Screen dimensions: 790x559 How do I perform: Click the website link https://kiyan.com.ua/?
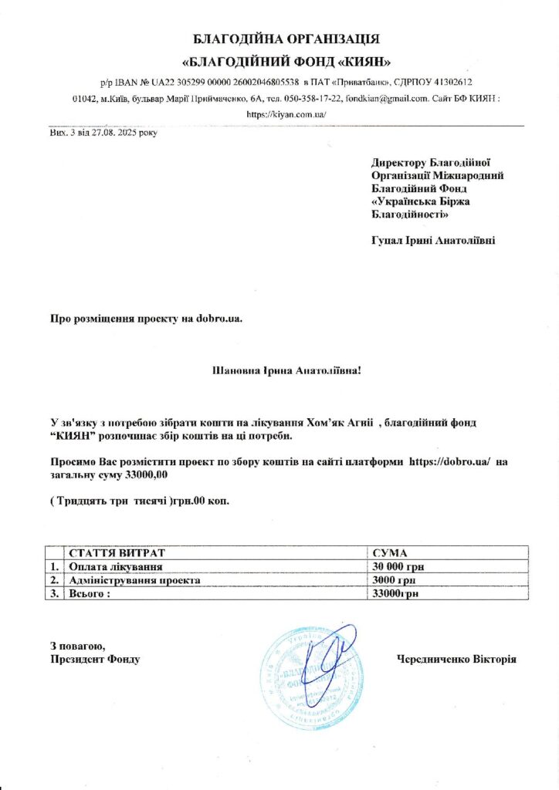click(x=286, y=113)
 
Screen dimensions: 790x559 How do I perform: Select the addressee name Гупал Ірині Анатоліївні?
click(x=433, y=240)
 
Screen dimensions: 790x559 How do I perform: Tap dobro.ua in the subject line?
click(x=219, y=318)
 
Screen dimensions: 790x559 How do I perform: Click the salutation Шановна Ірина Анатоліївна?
click(x=286, y=370)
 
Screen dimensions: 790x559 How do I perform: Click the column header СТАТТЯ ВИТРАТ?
click(x=117, y=553)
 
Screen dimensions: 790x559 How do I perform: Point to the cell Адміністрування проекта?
click(x=134, y=579)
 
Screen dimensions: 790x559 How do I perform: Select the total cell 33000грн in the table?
click(x=394, y=593)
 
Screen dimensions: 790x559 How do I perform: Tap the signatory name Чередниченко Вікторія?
click(x=456, y=659)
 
